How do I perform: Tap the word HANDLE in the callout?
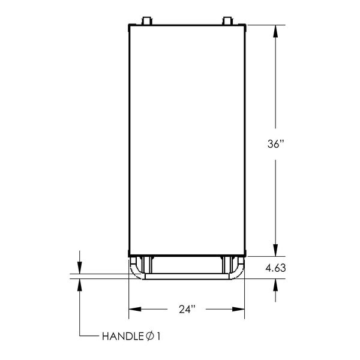pyautogui.click(x=122, y=337)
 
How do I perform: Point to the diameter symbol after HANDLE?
pyautogui.click(x=149, y=337)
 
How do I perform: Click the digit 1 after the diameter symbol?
pyautogui.click(x=158, y=337)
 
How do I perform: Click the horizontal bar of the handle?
pyautogui.click(x=187, y=277)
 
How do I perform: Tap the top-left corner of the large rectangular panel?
pyautogui.click(x=129, y=25)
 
